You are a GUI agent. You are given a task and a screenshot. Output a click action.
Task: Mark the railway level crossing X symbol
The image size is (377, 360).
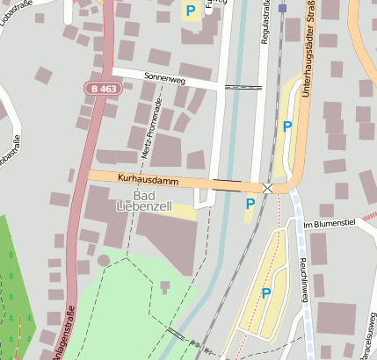coord(267,189)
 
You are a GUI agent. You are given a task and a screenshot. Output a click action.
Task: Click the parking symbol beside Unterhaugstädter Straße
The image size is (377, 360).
coord(287,126)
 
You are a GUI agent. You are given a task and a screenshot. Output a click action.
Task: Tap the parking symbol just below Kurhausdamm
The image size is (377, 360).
coord(250,204)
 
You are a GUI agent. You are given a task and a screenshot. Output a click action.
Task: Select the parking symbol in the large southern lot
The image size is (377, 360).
coord(265,293)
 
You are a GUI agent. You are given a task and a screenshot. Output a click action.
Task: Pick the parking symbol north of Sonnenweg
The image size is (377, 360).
coord(190,11)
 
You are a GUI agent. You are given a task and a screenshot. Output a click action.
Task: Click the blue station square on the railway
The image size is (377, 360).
coord(282,8)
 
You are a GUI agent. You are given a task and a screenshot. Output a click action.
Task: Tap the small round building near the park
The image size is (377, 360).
coord(104,260)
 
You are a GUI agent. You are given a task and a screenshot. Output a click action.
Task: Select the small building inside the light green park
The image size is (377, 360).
coord(164,286)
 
